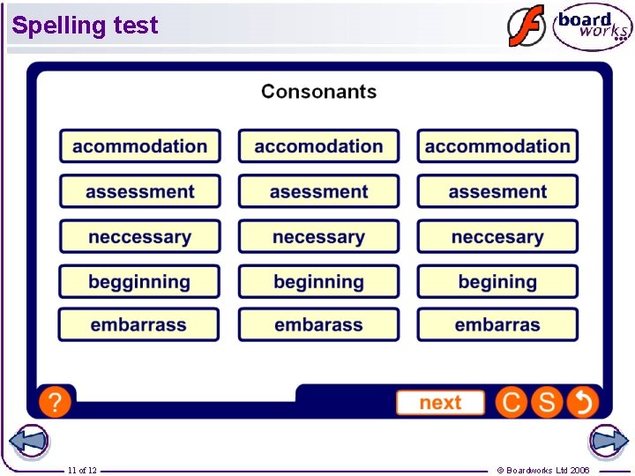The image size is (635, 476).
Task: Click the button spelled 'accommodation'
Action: click(497, 146)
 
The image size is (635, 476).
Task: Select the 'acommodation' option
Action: click(140, 146)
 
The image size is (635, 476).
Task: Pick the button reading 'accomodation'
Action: click(318, 146)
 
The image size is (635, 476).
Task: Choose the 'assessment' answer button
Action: click(140, 191)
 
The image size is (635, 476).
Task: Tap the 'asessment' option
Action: click(318, 191)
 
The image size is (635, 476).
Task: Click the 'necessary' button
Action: click(318, 236)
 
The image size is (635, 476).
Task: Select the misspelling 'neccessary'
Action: click(140, 236)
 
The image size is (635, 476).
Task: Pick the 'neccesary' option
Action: click(497, 236)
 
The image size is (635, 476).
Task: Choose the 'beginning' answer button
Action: click(318, 282)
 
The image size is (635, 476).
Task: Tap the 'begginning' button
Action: click(140, 282)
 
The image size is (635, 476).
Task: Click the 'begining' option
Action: click(497, 282)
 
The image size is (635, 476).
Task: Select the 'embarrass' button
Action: click(140, 324)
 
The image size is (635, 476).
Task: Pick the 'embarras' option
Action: click(497, 324)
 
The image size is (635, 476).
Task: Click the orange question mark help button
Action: click(55, 403)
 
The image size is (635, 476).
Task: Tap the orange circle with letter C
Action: click(511, 403)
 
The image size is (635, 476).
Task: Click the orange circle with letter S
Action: click(547, 403)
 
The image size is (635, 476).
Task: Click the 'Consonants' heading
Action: click(318, 92)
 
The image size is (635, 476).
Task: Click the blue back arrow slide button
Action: click(27, 441)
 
